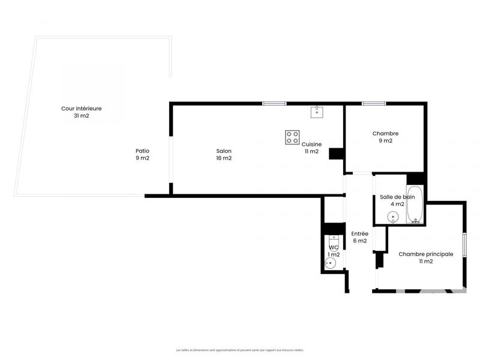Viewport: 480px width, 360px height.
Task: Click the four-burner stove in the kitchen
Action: coord(292,137)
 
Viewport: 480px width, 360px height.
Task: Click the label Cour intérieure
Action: coord(81,109)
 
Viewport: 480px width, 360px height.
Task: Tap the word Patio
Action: coord(142,151)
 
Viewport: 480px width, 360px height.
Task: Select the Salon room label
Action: coord(224,151)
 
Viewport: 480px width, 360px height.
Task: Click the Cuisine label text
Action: coord(311,144)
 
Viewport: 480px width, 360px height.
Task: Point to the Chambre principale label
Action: coord(425,254)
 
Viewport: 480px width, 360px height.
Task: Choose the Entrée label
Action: coord(359,233)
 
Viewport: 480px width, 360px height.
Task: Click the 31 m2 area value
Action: coord(81,116)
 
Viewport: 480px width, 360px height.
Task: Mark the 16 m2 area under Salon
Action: coord(224,158)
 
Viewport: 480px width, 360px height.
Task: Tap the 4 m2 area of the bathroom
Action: coord(397,204)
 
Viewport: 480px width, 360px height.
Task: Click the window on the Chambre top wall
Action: coord(373,104)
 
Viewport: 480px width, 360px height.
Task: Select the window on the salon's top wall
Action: coord(274,104)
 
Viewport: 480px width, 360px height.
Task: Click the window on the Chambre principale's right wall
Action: coord(464,246)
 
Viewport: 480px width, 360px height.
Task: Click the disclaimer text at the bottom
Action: coord(240,350)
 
